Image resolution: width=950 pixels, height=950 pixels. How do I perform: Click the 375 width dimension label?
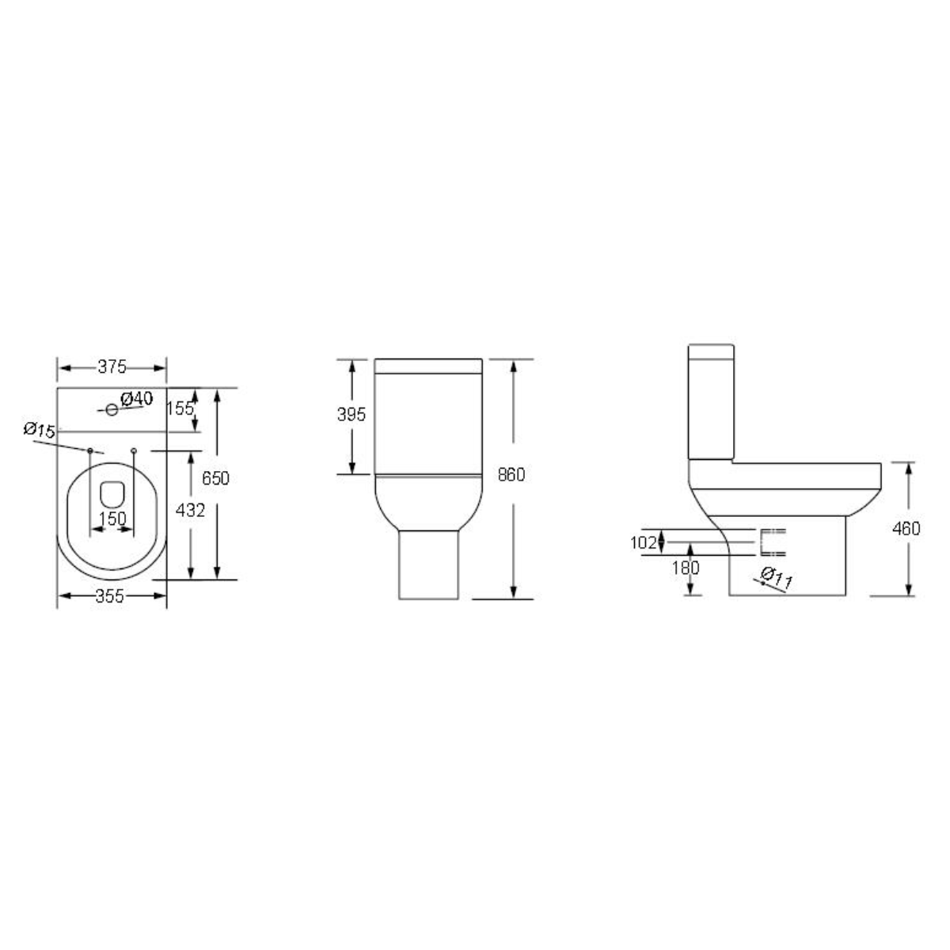point(112,367)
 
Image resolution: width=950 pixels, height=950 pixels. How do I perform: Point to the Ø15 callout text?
point(39,430)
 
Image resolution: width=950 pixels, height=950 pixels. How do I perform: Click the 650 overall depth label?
point(215,478)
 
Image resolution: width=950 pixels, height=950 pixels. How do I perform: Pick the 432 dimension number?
point(190,511)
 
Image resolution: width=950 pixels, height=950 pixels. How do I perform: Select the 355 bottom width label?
point(109,597)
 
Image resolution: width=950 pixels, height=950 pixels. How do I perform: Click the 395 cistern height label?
point(351,414)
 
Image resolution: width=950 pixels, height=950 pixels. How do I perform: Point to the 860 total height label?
point(511,474)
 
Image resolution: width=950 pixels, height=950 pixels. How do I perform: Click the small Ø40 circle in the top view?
point(112,409)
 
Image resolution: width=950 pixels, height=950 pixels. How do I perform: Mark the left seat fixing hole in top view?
point(90,450)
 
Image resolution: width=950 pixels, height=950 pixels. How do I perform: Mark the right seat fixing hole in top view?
point(133,450)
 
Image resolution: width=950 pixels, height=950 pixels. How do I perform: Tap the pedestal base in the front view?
point(428,564)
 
